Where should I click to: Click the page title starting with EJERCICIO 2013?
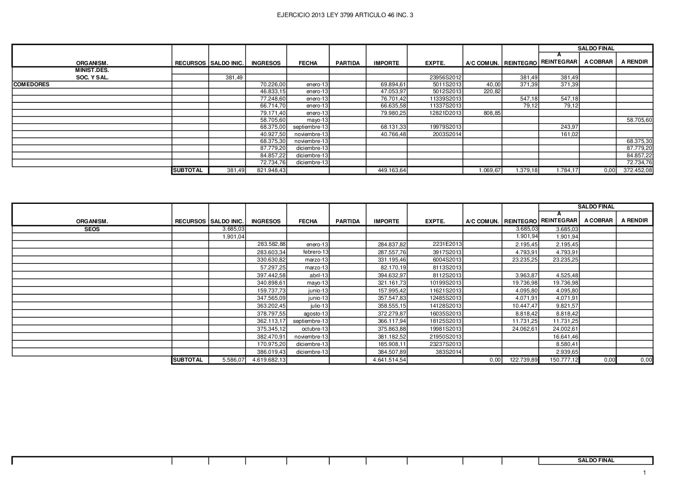pyautogui.click(x=345, y=15)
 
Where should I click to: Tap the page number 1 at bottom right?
pyautogui.click(x=645, y=472)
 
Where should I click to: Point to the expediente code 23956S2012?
pyautogui.click(x=443, y=78)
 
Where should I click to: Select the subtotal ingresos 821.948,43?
pyautogui.click(x=272, y=171)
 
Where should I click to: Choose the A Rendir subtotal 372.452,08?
pyautogui.click(x=636, y=171)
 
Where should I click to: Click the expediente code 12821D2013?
pyautogui.click(x=443, y=113)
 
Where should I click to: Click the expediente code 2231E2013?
pyautogui.click(x=447, y=244)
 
